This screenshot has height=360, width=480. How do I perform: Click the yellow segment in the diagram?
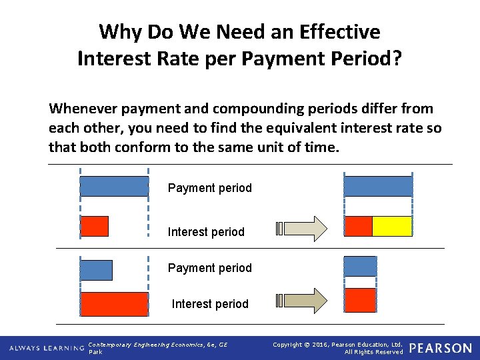coord(392,227)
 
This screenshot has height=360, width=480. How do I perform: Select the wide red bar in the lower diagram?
coord(114,304)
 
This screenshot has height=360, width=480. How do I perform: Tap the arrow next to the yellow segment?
coord(302,228)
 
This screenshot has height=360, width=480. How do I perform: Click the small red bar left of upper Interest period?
coord(94,227)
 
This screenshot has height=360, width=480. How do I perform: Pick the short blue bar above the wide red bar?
coord(96,270)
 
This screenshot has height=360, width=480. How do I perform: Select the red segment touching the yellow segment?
coord(358,227)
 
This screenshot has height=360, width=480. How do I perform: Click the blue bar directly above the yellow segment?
coord(378,187)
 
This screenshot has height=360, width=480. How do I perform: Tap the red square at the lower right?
coord(361,301)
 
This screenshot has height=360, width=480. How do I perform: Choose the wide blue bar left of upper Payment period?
coord(114,187)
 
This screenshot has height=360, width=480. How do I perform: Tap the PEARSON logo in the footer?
coord(440,348)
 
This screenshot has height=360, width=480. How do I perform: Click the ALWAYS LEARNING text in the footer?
coord(46,348)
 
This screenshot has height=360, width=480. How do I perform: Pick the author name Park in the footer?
coord(95,352)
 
